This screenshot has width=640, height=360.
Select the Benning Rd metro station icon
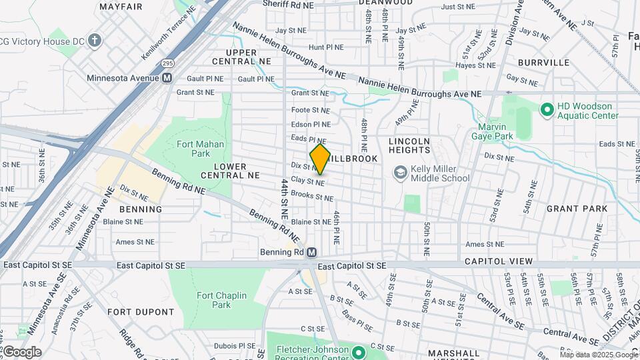311,253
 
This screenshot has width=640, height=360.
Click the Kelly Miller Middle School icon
400,173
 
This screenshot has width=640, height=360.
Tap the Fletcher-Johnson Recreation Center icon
358,351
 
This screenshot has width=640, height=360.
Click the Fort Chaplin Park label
221,300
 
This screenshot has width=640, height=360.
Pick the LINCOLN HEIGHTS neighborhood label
410,146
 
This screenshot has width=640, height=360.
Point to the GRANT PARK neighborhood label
577,209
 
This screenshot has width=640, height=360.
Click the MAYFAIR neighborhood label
121,7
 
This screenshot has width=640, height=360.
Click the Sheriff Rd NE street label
287,5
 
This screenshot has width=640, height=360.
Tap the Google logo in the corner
22,352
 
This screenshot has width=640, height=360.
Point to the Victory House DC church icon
95,41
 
